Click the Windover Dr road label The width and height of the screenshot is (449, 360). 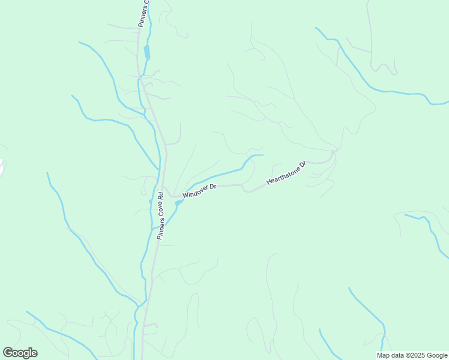[199, 191]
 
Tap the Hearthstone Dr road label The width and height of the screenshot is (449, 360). [286, 172]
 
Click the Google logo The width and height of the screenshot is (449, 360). [20, 353]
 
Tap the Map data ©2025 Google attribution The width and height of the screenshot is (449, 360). [412, 355]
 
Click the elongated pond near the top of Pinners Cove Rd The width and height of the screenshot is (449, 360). [147, 52]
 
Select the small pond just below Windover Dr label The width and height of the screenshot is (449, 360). [178, 203]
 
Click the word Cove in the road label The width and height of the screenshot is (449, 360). [161, 212]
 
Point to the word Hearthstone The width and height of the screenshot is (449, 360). [282, 174]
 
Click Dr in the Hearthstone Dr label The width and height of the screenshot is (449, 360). [303, 163]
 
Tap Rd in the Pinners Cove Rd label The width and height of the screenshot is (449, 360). [161, 196]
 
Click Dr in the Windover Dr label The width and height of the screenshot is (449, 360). [212, 187]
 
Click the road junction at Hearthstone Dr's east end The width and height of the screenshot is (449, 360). [333, 154]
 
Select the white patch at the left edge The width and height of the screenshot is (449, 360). [1, 165]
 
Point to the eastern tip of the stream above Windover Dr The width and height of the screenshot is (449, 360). [262, 155]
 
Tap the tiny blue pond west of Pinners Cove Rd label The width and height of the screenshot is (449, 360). [150, 201]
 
